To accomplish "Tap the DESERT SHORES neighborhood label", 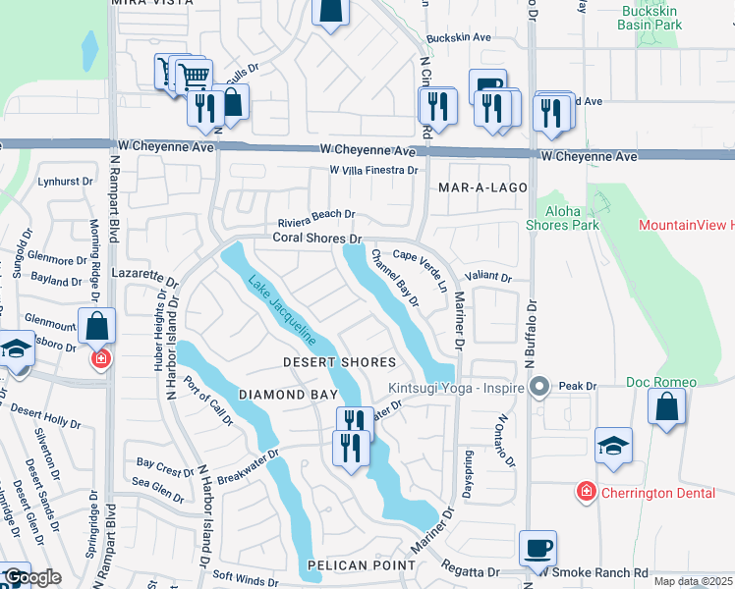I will pyautogui.click(x=339, y=362).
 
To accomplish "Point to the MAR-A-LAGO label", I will pyautogui.click(x=482, y=187).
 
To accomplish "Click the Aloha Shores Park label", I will pyautogui.click(x=571, y=218).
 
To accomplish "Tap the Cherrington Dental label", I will pyautogui.click(x=659, y=492).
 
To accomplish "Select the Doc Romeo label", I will pyautogui.click(x=661, y=382).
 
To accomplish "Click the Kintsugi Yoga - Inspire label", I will pyautogui.click(x=458, y=386).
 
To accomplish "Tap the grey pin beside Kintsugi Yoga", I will pyautogui.click(x=537, y=386).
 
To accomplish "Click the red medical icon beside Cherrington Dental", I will pyautogui.click(x=586, y=491).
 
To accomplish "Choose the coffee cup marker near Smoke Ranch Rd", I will pyautogui.click(x=537, y=548).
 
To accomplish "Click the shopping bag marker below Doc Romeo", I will pyautogui.click(x=666, y=408).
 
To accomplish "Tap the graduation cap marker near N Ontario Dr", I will pyautogui.click(x=613, y=446).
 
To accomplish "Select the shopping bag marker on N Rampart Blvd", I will pyautogui.click(x=97, y=326).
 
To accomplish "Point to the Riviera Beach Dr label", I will pyautogui.click(x=315, y=214).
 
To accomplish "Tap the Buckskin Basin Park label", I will pyautogui.click(x=651, y=19).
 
